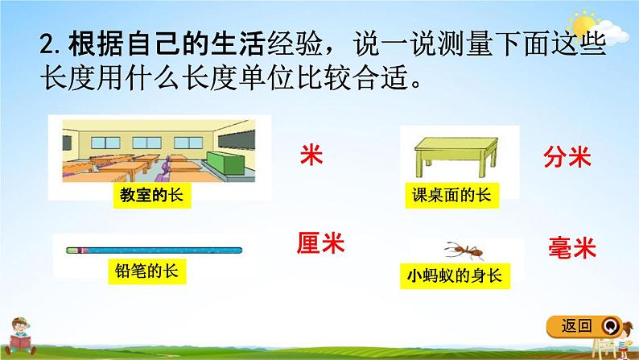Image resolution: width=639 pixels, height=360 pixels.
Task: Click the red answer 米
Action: click(311, 155)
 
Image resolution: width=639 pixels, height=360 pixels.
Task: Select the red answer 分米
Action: click(567, 156)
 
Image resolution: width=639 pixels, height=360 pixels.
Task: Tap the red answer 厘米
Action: click(320, 243)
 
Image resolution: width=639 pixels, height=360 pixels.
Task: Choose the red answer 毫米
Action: click(571, 247)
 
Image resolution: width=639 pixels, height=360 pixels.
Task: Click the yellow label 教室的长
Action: click(152, 195)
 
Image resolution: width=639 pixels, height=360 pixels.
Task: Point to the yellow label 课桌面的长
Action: click(452, 195)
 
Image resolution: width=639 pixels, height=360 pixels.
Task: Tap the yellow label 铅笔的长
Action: click(147, 271)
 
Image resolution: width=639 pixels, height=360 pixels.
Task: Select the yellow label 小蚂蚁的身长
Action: click(455, 276)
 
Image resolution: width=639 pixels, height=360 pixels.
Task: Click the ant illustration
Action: click(464, 250)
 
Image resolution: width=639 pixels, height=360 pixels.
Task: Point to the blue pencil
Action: click(154, 250)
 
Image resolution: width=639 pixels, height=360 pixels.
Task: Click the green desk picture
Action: click(456, 157)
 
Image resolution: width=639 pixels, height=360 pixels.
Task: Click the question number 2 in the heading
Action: click(47, 46)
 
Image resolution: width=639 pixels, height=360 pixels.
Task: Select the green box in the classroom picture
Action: click(226, 164)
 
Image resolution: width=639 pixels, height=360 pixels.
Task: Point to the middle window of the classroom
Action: click(146, 143)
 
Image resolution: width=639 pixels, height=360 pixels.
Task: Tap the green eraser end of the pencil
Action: click(72, 250)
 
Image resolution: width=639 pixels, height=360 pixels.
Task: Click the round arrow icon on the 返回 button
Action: click(610, 326)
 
